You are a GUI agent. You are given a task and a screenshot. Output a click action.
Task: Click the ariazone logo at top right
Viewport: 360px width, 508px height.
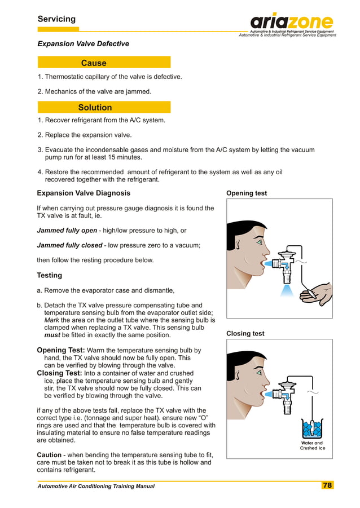(x=292, y=23)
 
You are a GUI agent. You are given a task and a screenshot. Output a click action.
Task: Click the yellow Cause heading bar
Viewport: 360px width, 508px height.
(x=104, y=63)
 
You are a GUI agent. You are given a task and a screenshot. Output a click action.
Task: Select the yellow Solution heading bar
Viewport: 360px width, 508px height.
(x=104, y=107)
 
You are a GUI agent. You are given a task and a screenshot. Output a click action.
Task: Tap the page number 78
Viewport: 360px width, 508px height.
(x=327, y=485)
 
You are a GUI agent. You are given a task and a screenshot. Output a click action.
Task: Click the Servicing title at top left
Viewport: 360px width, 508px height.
(x=56, y=19)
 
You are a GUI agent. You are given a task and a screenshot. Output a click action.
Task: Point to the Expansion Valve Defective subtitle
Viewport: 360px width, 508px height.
(x=83, y=44)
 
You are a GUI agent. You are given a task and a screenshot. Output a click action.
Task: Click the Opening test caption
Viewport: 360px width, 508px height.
(x=247, y=193)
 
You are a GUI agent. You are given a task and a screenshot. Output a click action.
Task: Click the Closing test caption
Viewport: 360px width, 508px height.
(x=245, y=334)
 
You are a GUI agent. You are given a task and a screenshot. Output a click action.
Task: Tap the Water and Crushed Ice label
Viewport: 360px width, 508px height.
(x=311, y=446)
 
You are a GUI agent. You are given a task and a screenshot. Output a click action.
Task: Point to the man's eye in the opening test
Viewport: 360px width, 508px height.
(x=259, y=242)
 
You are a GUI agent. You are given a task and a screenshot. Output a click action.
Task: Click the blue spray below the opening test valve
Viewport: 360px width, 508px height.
(x=286, y=288)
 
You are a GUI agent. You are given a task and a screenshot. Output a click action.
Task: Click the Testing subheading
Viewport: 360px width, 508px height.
(x=50, y=276)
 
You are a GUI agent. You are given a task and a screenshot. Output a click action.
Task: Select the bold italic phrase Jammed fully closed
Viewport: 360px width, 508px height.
(x=69, y=245)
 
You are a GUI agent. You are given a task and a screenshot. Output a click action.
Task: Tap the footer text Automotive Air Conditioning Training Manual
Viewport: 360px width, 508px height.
(x=96, y=486)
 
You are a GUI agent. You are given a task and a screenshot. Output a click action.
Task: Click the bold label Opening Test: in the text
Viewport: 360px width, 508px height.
(x=61, y=350)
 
